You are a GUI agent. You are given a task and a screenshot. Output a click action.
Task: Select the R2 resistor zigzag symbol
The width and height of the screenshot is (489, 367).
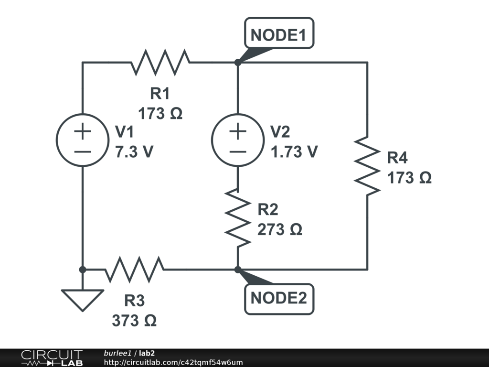point(237,217)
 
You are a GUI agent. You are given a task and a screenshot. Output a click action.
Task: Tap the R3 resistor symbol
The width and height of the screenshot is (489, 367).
point(134,270)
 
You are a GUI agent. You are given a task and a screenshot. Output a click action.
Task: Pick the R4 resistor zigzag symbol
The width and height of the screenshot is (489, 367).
point(367,166)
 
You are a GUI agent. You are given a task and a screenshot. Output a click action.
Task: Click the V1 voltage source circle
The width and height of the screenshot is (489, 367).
point(82,140)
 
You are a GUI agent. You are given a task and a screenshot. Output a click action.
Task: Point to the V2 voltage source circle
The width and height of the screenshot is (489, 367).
point(237,140)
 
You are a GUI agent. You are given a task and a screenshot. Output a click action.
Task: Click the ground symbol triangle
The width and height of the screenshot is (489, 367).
point(82,299)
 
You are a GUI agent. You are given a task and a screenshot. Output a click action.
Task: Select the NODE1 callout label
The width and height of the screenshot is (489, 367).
point(279,34)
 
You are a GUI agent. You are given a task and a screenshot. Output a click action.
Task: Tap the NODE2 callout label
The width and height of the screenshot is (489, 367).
point(279,299)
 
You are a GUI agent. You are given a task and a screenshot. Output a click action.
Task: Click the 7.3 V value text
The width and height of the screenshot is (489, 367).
point(134,151)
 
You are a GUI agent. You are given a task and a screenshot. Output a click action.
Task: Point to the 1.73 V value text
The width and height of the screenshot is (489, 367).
point(294,151)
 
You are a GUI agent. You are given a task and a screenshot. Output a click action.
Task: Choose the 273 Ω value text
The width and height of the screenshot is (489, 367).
point(280,230)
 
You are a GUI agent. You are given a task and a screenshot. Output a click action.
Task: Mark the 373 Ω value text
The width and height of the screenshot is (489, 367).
point(134,321)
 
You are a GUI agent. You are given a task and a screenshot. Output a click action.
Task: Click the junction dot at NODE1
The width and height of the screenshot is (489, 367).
point(237,63)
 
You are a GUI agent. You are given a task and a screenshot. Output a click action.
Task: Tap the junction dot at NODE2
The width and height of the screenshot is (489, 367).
point(237,270)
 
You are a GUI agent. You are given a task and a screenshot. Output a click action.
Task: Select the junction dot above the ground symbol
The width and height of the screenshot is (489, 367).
point(82,270)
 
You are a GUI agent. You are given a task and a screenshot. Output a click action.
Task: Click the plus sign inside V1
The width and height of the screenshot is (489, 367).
point(82,131)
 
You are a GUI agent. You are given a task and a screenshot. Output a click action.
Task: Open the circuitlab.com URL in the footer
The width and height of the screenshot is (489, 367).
point(173,362)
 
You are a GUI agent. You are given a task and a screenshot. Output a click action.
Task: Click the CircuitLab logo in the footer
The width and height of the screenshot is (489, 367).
point(52,358)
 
